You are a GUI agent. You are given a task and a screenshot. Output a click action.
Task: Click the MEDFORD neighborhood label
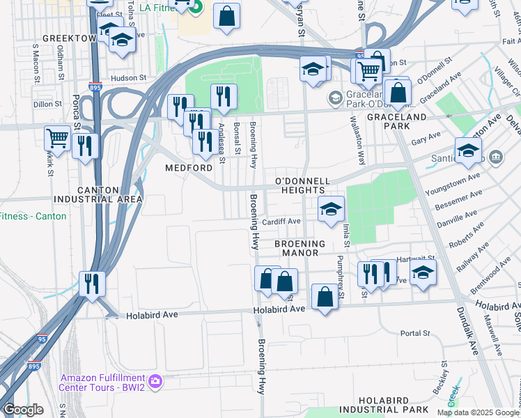188,169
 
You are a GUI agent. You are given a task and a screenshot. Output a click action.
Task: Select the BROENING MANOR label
300,249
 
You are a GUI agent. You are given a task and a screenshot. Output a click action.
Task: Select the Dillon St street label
47,104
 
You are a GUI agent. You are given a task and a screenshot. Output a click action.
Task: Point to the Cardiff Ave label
281,222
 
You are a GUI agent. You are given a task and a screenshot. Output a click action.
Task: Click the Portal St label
417,334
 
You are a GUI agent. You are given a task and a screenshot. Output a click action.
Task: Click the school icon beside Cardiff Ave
331,208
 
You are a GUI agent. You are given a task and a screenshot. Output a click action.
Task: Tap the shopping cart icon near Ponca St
56,137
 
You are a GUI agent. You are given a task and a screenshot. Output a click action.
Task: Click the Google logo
23,410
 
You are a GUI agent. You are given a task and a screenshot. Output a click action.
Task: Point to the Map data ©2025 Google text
478,412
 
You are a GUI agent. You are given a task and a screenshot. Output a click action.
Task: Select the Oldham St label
61,62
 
